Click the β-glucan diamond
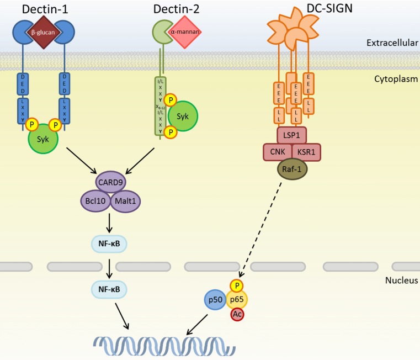47,31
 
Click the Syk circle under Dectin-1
47,139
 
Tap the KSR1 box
306,152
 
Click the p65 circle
237,299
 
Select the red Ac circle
237,315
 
